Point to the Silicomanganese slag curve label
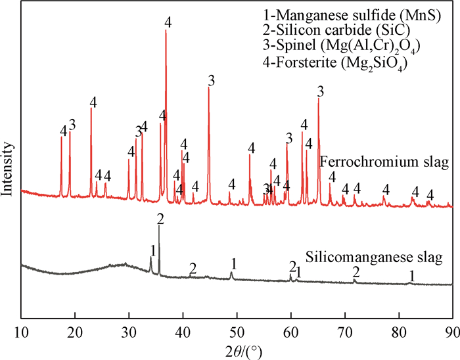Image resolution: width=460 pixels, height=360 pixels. pyautogui.click(x=373, y=256)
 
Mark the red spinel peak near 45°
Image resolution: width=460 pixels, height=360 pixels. pyautogui.click(x=208, y=88)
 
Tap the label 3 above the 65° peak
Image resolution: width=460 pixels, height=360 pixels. pyautogui.click(x=321, y=91)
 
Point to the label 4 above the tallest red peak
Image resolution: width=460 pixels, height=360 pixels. pyautogui.click(x=168, y=22)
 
